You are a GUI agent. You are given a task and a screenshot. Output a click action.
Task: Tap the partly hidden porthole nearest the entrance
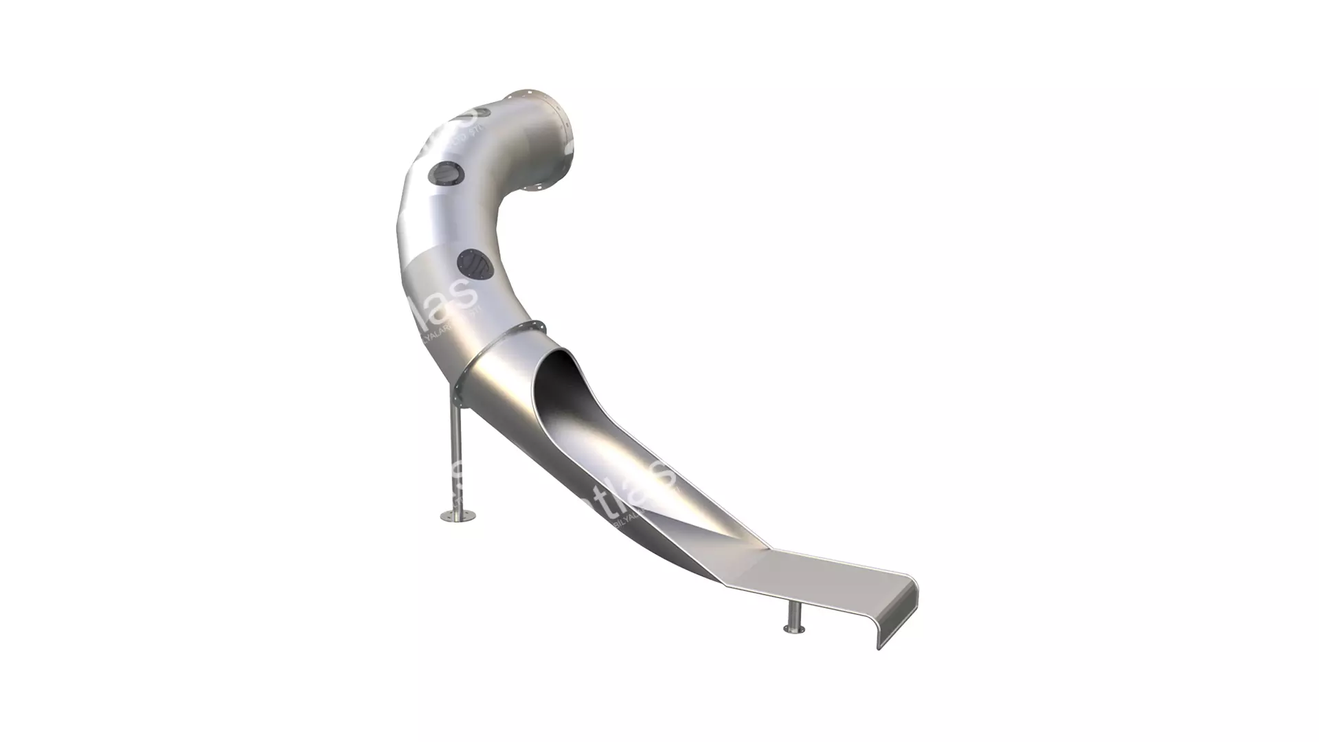coord(486,110)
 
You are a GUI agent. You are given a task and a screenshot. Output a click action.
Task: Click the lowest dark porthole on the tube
coord(473,265)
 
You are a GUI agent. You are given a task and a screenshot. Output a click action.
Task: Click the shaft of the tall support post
coord(456,453)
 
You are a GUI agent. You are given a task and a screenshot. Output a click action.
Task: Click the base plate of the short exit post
coord(796,629)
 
